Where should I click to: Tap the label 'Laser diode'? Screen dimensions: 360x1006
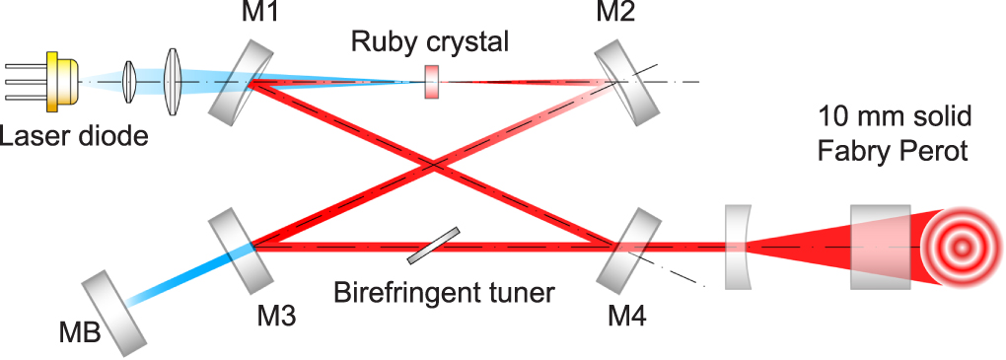pos(74,136)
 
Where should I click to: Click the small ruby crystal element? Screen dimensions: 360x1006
pos(431,82)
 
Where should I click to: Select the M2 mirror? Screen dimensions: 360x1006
pos(627,80)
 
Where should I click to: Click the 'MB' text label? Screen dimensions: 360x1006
pos(79,332)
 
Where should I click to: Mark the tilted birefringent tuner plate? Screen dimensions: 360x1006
pos(433,247)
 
